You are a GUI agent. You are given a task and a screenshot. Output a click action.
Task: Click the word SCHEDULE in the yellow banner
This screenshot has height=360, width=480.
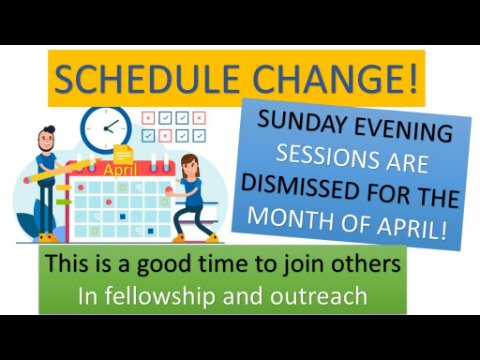(147, 79)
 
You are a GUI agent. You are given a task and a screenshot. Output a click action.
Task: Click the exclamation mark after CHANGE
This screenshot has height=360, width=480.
(412, 79)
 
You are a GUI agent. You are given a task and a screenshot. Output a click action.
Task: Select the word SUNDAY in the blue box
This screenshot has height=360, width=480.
(302, 121)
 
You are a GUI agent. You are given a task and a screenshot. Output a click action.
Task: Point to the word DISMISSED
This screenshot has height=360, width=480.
(301, 187)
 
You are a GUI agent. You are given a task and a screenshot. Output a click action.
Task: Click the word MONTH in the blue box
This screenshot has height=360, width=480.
(291, 218)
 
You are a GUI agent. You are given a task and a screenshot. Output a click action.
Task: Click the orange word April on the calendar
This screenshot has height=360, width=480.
(120, 170)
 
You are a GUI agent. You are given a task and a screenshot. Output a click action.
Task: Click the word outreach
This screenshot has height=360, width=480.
(319, 296)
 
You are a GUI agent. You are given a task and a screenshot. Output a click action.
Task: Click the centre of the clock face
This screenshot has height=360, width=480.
(106, 129)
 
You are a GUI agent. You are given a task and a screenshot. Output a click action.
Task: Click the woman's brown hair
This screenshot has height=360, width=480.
(191, 163)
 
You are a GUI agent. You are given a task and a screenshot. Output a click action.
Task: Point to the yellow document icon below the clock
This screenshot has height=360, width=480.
(123, 154)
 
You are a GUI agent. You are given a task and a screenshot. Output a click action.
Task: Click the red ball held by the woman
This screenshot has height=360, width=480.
(169, 190)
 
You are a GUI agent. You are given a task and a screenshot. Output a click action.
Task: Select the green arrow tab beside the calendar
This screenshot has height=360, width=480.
(64, 202)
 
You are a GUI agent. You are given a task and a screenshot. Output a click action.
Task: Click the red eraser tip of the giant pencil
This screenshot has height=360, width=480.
(26, 181)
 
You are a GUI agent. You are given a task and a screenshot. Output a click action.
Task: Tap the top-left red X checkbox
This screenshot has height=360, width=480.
(148, 118)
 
